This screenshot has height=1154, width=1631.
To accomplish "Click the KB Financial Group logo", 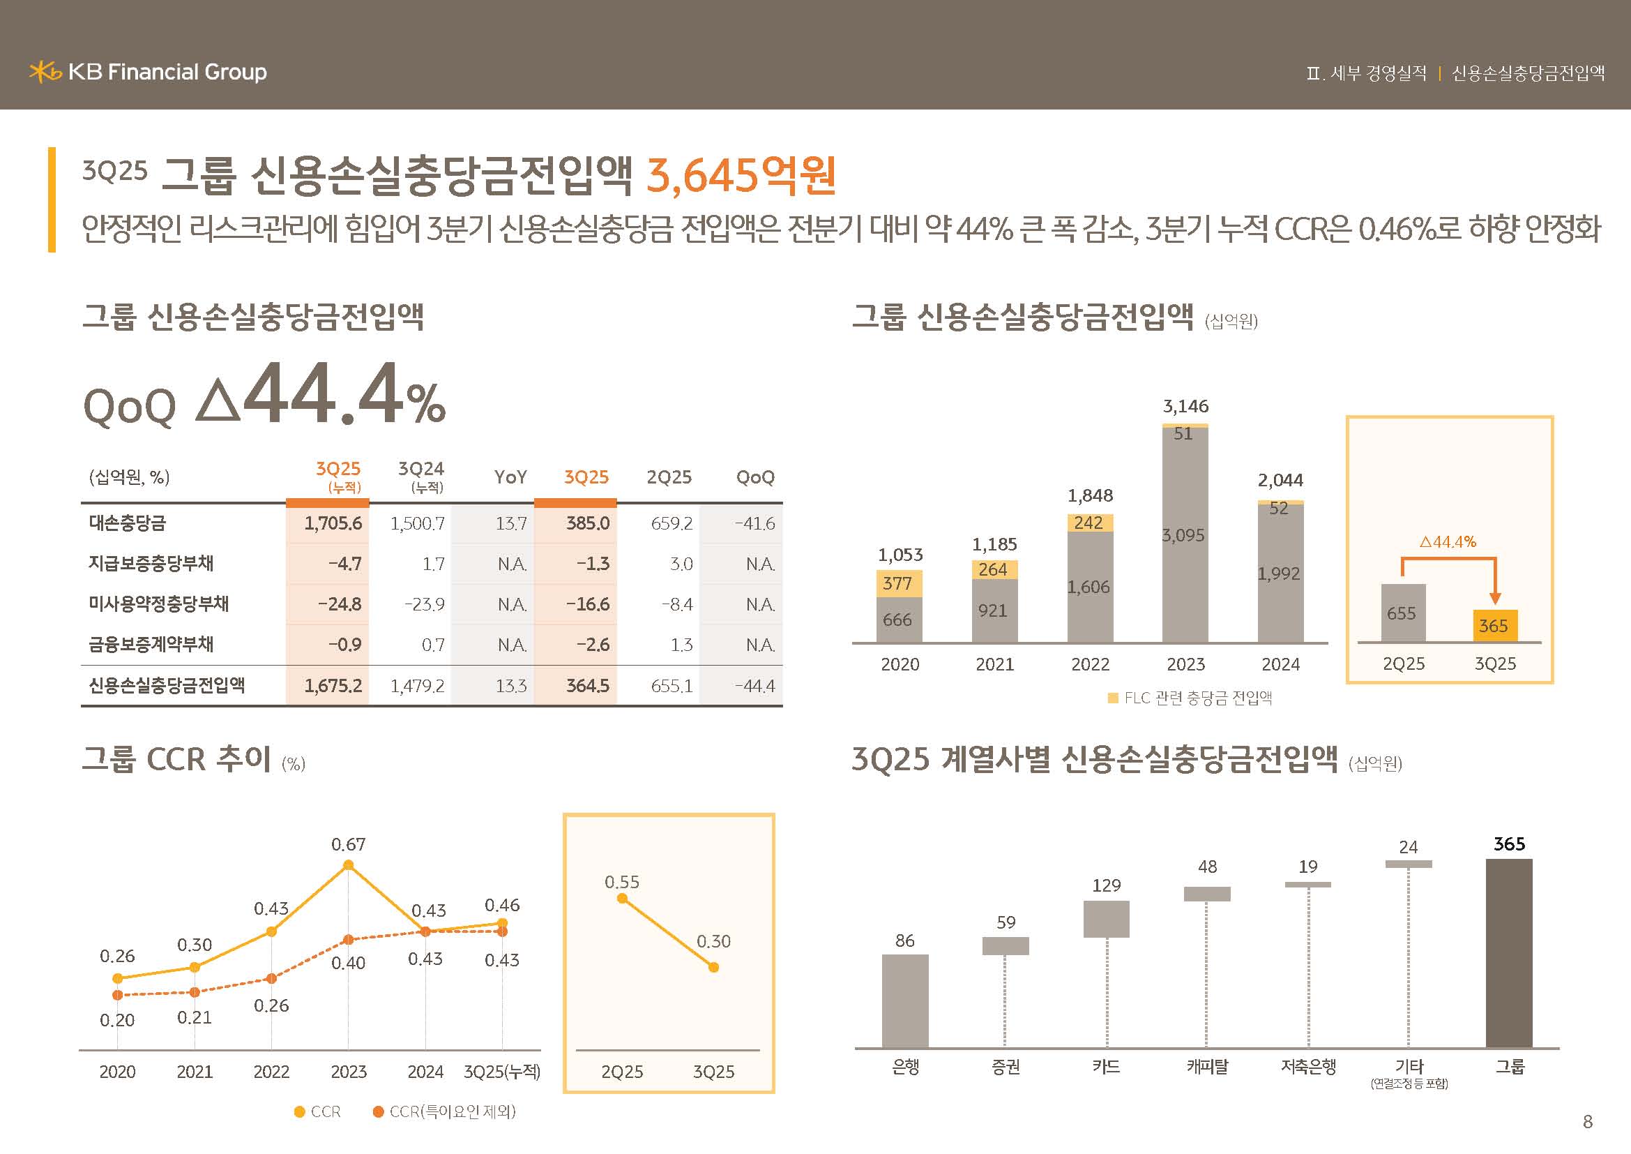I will pyautogui.click(x=148, y=72).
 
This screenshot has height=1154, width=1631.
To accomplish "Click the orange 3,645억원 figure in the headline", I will pyautogui.click(x=741, y=176).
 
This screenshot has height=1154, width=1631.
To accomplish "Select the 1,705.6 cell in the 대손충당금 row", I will pyautogui.click(x=333, y=524).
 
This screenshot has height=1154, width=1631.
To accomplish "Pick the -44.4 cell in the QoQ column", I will pyautogui.click(x=754, y=686).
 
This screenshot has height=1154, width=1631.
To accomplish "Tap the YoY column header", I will pyautogui.click(x=510, y=477).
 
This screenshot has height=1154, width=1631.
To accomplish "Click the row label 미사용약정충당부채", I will pyautogui.click(x=158, y=604).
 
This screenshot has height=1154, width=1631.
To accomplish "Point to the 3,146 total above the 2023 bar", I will pyautogui.click(x=1185, y=407).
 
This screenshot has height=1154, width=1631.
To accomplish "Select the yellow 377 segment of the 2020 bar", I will pyautogui.click(x=899, y=583).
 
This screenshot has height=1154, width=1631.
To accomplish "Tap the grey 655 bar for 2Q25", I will pyautogui.click(x=1403, y=613).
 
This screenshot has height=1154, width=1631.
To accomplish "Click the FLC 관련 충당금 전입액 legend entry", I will pyautogui.click(x=1190, y=698).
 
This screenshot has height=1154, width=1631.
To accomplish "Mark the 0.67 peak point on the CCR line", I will pyautogui.click(x=348, y=864).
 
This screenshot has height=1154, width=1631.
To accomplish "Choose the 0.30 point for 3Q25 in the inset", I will pyautogui.click(x=713, y=967).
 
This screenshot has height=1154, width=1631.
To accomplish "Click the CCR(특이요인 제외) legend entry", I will pyautogui.click(x=445, y=1111).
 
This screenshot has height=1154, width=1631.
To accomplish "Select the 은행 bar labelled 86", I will pyautogui.click(x=905, y=1001).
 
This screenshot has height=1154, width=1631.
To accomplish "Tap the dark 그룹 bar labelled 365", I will pyautogui.click(x=1509, y=953).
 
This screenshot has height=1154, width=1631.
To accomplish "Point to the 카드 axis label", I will pyautogui.click(x=1106, y=1067).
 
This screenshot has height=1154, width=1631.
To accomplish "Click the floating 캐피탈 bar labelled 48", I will pyautogui.click(x=1207, y=894).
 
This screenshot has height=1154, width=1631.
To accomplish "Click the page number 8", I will pyautogui.click(x=1588, y=1122).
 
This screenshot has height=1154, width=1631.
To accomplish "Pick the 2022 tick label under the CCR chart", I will pyautogui.click(x=271, y=1072).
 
